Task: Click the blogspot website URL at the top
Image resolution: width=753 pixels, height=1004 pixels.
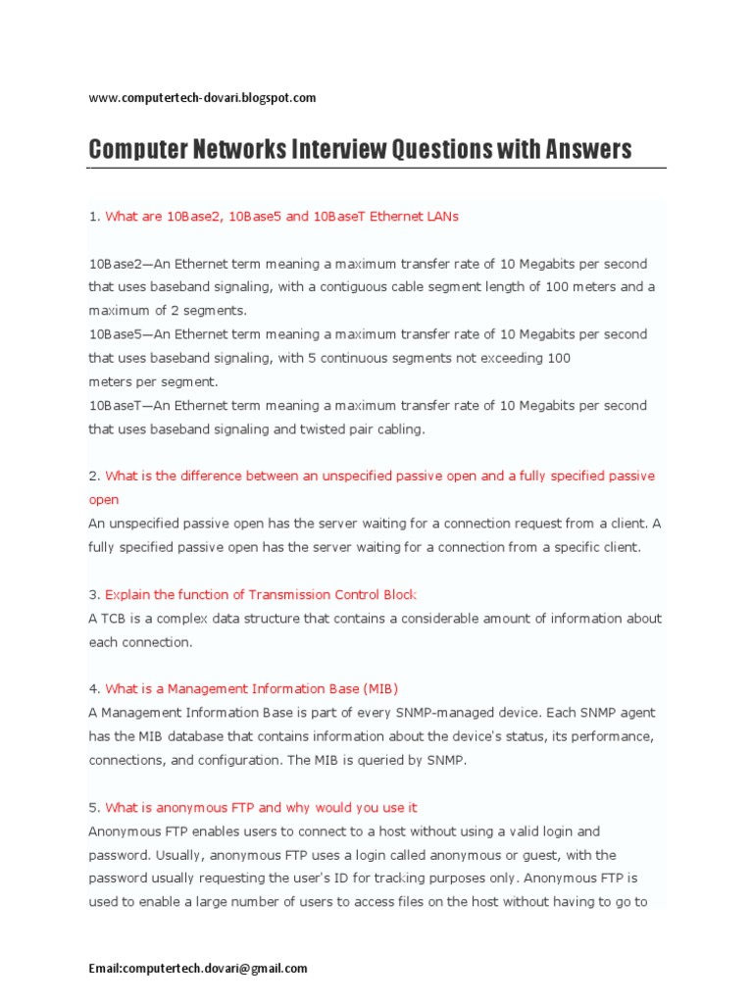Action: (x=202, y=97)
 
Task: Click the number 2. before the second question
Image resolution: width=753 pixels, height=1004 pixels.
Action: (x=94, y=476)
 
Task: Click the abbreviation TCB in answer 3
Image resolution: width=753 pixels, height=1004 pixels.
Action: (x=113, y=619)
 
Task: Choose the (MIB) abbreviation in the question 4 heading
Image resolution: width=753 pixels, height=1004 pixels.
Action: (x=380, y=688)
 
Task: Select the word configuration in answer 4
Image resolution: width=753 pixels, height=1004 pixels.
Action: (x=221, y=760)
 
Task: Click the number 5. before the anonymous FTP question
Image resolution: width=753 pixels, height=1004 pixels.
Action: (x=94, y=807)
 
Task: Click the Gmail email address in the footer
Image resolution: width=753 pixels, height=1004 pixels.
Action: (x=197, y=968)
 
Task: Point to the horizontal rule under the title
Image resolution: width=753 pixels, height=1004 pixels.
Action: (x=376, y=168)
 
